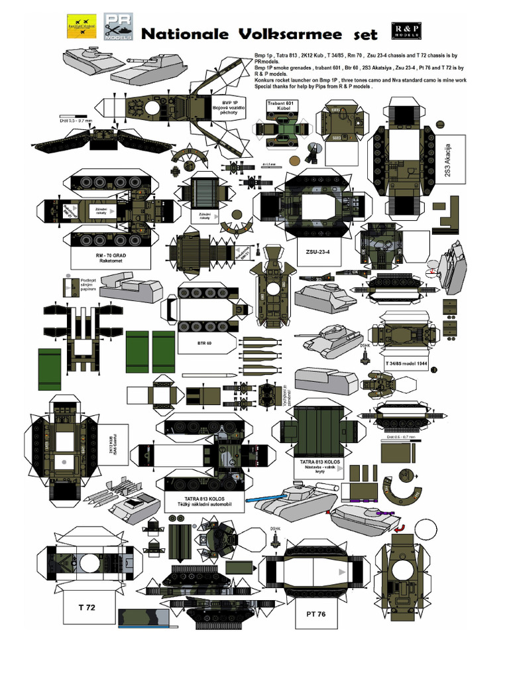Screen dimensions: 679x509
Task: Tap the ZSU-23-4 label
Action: (x=317, y=252)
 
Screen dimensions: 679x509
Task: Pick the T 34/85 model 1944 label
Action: (x=406, y=366)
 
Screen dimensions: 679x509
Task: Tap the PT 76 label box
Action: (x=316, y=614)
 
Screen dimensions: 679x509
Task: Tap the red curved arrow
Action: (x=400, y=526)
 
